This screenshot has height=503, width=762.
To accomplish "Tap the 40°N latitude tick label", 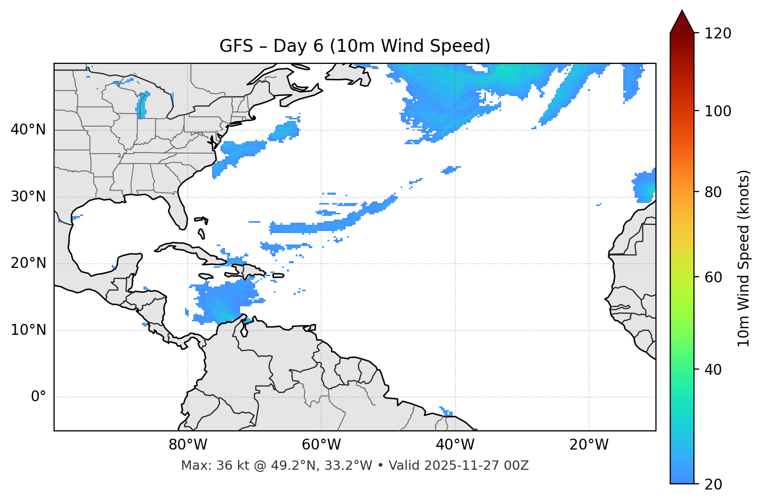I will [x=28, y=130].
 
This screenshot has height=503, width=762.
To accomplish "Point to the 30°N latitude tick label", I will [x=28, y=197].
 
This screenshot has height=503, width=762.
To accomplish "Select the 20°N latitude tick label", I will [x=28, y=264].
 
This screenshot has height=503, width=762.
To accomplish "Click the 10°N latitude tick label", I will [x=28, y=330].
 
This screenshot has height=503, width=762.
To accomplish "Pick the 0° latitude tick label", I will [x=38, y=397].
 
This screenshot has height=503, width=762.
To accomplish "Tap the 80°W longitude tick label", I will [x=188, y=445].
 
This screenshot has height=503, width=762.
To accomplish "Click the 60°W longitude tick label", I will [x=321, y=445].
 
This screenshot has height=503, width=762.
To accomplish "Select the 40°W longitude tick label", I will [x=455, y=445].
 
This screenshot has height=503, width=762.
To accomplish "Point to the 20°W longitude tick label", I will [x=588, y=445].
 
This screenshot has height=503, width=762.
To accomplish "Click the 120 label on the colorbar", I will [x=717, y=34].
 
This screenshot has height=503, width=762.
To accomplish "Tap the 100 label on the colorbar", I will [x=717, y=111].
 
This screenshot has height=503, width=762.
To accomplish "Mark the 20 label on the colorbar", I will [x=714, y=484].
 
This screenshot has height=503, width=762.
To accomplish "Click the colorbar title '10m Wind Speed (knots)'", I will [x=744, y=259].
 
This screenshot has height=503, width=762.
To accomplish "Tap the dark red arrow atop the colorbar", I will [x=682, y=22].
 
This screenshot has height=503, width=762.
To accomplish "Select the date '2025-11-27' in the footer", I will [x=455, y=466].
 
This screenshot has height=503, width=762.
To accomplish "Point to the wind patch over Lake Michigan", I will [x=142, y=105].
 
